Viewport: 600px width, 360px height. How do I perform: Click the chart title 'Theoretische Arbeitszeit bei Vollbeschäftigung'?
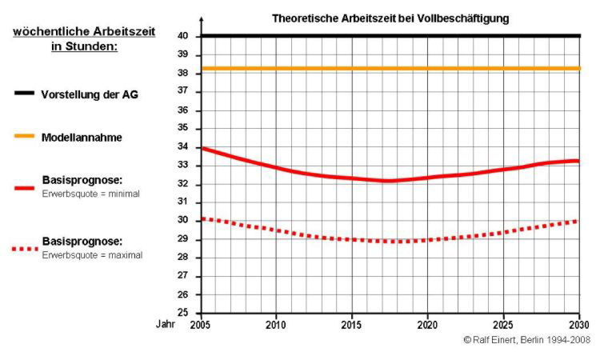pyautogui.click(x=390, y=18)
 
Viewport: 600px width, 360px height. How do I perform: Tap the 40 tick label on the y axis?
pyautogui.click(x=182, y=36)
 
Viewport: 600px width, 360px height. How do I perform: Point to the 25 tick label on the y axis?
pyautogui.click(x=182, y=313)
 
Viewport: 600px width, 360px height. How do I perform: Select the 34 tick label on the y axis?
pyautogui.click(x=182, y=147)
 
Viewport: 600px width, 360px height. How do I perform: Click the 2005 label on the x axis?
pyautogui.click(x=201, y=325)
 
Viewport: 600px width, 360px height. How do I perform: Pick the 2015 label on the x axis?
pyautogui.click(x=352, y=325)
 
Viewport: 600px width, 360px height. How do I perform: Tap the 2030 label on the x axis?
pyautogui.click(x=578, y=325)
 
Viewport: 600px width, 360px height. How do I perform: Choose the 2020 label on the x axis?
pyautogui.click(x=427, y=325)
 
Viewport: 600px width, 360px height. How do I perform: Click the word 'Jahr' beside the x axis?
pyautogui.click(x=165, y=325)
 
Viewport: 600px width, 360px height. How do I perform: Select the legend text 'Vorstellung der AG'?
pyautogui.click(x=90, y=94)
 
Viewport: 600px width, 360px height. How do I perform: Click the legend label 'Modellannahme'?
pyautogui.click(x=82, y=138)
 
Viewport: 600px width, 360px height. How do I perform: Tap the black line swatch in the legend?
pyautogui.click(x=24, y=94)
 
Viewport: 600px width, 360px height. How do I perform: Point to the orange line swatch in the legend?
pyautogui.click(x=24, y=138)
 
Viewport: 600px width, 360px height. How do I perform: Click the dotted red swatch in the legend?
pyautogui.click(x=24, y=249)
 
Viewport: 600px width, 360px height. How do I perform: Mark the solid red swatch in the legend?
pyautogui.click(x=24, y=189)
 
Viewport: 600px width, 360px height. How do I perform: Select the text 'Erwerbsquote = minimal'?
pyautogui.click(x=91, y=194)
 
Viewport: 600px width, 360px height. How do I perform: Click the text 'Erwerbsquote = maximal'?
pyautogui.click(x=92, y=255)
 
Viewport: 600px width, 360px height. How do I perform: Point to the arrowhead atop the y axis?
pyautogui.click(x=202, y=18)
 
